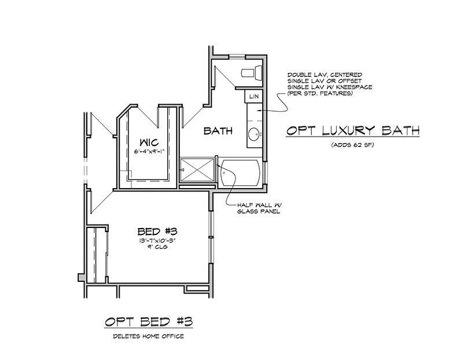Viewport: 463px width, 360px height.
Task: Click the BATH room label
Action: coord(218,131)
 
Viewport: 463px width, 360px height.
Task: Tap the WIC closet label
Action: coord(149,142)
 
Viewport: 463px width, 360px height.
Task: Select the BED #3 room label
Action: coord(157,232)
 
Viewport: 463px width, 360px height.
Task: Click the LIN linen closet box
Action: coord(254,96)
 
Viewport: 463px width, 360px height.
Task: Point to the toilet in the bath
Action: coord(252,73)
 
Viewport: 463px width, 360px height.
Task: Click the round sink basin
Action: coord(253,135)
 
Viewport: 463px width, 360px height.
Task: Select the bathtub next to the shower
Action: coord(241,172)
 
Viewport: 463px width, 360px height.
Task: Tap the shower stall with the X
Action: coord(197,170)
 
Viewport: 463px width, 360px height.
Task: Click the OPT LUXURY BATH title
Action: coord(353,130)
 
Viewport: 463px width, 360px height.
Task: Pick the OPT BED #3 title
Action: coord(149,322)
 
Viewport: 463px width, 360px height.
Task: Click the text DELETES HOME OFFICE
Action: coord(149,336)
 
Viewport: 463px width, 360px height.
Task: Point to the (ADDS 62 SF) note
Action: coord(352,145)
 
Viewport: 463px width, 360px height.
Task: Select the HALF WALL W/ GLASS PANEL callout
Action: coord(259,208)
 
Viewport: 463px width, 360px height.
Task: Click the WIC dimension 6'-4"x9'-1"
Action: coord(149,152)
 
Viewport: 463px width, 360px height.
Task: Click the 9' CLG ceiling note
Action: coord(157,247)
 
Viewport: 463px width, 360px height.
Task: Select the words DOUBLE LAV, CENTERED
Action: coord(325,75)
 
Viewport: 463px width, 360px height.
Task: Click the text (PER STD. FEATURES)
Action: coord(321,94)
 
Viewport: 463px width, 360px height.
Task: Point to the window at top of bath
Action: coord(237,57)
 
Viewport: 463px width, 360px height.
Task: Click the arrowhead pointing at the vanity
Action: coord(258,111)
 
